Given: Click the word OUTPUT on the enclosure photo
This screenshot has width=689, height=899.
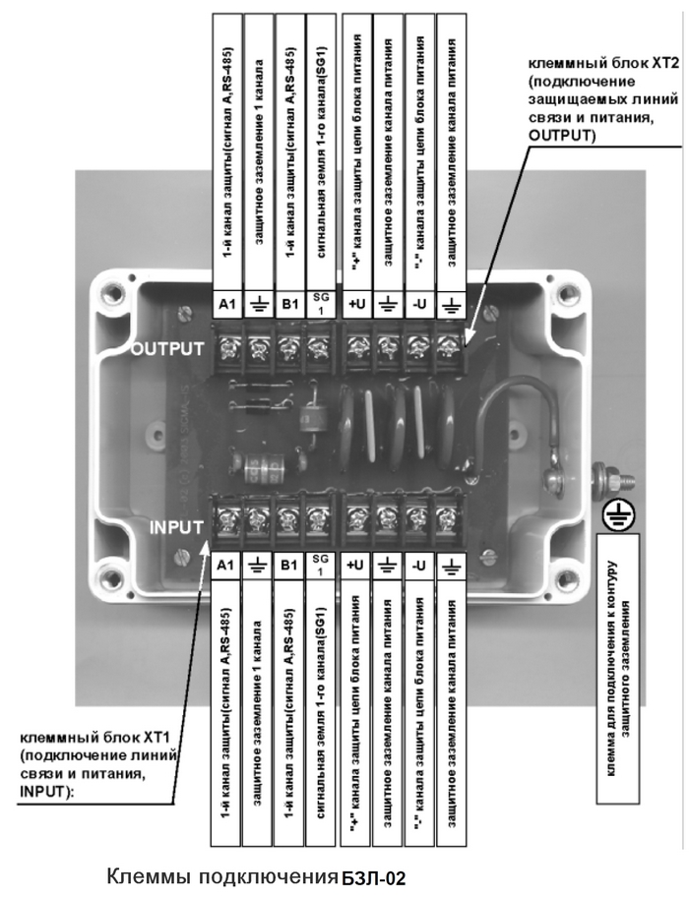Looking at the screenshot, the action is (167, 348).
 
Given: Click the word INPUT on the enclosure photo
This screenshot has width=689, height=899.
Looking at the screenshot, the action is (176, 527).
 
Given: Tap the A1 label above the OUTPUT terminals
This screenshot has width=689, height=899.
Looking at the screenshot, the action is (227, 304).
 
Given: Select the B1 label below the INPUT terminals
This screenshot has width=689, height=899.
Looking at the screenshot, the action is (289, 565).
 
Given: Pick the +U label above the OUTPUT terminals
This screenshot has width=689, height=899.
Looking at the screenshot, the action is (356, 304).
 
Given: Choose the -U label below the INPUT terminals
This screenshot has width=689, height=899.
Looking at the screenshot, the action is (419, 565).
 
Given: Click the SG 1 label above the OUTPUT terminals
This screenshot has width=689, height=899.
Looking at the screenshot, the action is (321, 304).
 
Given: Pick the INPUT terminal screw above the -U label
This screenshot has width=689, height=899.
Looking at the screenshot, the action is (415, 519).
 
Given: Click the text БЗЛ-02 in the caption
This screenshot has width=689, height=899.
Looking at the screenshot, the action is (373, 878).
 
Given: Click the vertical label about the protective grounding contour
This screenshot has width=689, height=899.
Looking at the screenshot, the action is (619, 668).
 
